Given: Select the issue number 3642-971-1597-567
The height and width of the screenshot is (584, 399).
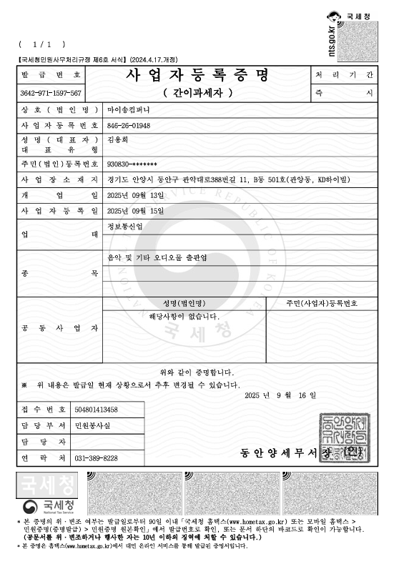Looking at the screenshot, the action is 51,94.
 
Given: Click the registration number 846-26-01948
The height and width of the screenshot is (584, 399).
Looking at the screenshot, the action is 129,125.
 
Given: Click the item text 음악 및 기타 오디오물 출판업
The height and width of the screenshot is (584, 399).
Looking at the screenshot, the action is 156,258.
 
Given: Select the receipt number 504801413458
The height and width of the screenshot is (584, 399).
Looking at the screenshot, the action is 97,410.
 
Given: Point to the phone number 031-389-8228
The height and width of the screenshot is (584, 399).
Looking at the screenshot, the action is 97,457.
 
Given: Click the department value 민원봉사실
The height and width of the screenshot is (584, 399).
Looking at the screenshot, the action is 93,426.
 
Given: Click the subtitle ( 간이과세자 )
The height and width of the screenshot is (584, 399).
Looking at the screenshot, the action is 198,93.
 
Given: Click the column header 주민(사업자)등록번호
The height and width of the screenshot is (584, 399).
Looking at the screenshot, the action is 322,303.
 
